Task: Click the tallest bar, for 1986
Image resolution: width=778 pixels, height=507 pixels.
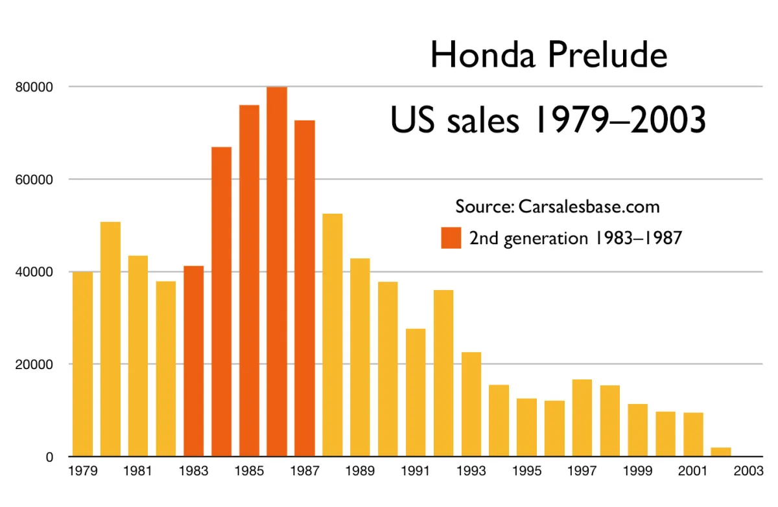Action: pos(277,272)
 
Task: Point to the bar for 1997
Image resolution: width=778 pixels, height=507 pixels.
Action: pos(582,418)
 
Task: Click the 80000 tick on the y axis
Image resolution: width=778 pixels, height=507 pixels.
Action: pos(34,87)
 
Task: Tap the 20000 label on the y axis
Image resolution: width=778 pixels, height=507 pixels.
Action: pos(34,365)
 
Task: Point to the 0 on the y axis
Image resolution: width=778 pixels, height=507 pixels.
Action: pos(49,457)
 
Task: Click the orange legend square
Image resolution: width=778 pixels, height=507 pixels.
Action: pos(451,238)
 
